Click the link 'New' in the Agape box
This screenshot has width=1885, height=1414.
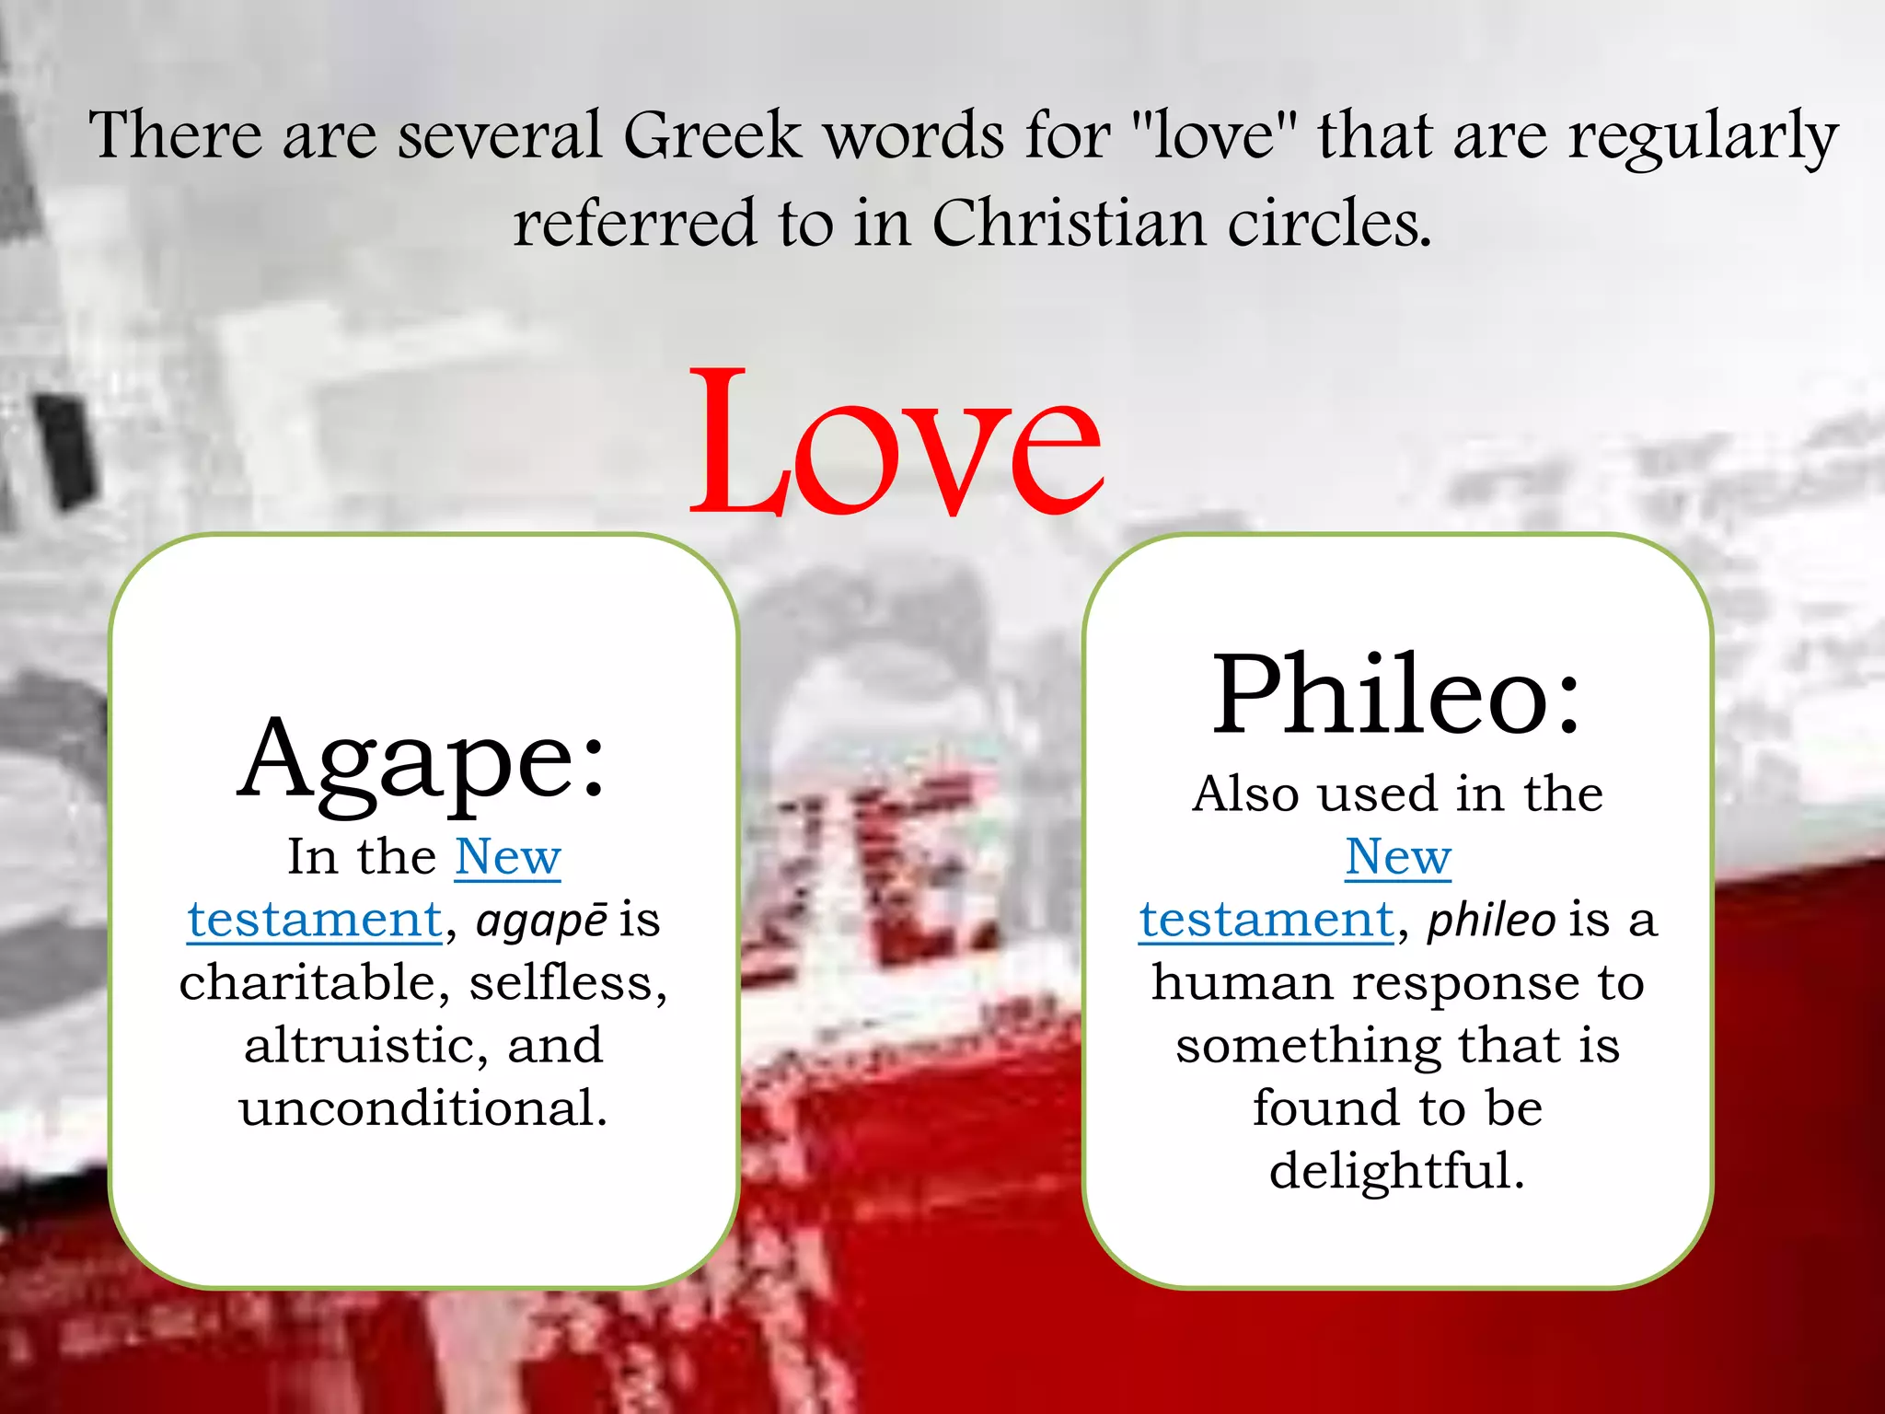507,857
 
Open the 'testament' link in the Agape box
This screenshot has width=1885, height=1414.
315,920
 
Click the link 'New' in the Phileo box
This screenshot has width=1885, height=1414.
1398,857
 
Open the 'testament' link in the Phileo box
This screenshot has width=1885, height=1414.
1266,920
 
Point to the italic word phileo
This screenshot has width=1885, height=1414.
1491,920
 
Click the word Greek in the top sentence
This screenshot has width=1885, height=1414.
711,136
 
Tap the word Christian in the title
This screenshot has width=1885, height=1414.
1069,224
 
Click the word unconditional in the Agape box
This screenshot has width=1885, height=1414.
422,1107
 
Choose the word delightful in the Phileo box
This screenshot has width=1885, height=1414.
1396,1171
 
